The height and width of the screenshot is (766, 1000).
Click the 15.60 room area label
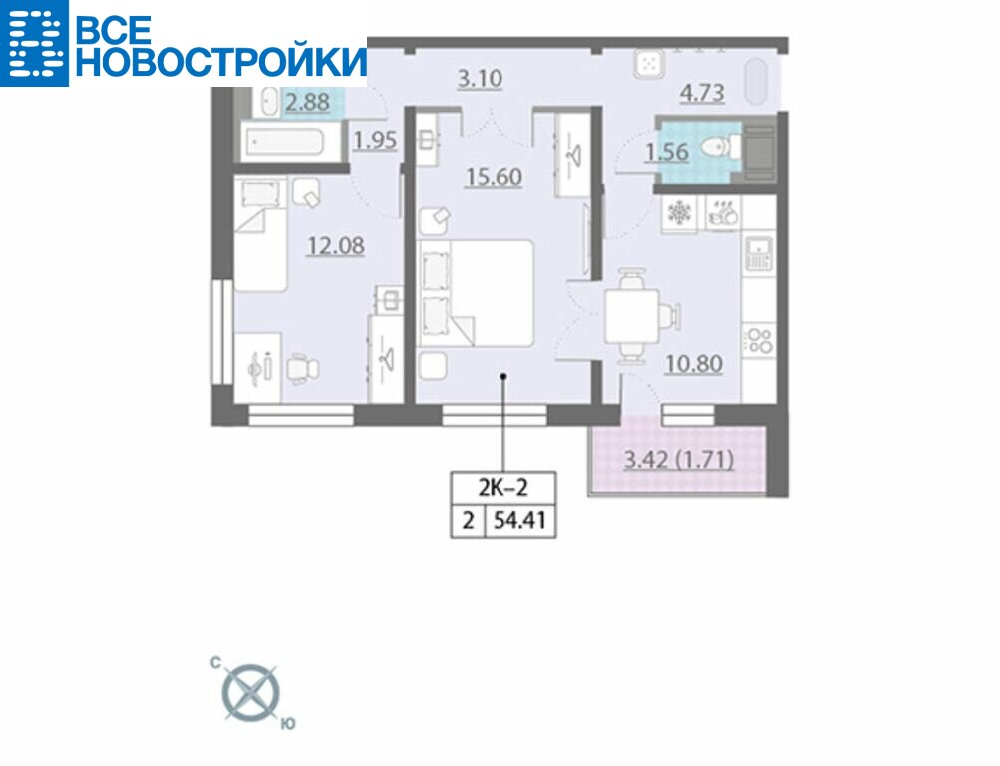click(x=494, y=177)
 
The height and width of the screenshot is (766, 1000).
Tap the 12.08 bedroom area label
click(x=336, y=245)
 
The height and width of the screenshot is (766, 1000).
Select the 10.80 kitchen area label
click(x=693, y=364)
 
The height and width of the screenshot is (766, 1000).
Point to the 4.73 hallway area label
click(x=702, y=93)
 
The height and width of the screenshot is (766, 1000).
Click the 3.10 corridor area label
click(x=481, y=79)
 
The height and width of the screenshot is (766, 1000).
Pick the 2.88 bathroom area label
click(x=307, y=102)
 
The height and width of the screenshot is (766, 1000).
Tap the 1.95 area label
click(x=375, y=140)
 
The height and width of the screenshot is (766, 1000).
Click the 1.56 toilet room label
click(x=666, y=152)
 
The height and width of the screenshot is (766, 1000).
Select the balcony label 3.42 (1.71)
click(x=678, y=460)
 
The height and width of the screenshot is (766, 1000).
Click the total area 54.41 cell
click(x=520, y=521)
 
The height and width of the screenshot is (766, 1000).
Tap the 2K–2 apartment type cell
click(x=503, y=488)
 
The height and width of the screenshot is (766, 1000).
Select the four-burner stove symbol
click(x=760, y=339)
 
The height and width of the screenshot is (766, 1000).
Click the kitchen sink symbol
click(x=759, y=253)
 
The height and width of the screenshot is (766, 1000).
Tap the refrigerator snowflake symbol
click(x=679, y=213)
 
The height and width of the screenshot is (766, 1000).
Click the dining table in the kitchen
click(x=631, y=316)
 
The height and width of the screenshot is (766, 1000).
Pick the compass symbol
click(x=251, y=693)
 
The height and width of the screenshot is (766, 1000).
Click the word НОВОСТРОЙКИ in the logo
click(x=221, y=62)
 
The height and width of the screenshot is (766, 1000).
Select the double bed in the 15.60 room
click(x=476, y=293)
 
